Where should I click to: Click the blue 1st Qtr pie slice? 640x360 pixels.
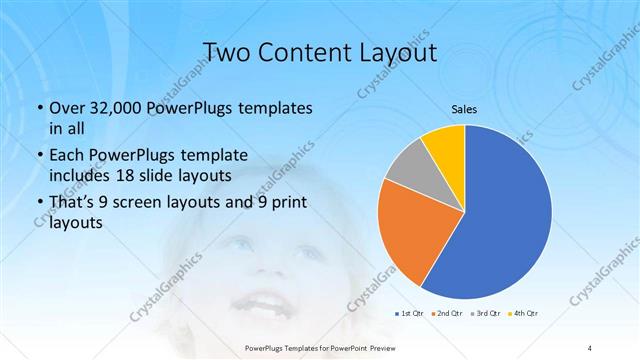coord(500,220)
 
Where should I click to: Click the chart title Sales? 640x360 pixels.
coord(464,109)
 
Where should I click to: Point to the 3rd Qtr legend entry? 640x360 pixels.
coord(487,314)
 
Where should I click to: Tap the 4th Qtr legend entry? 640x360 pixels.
coord(525,314)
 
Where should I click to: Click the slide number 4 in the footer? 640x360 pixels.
coord(591,347)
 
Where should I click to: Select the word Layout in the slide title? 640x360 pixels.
coord(398,53)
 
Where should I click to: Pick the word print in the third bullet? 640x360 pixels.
coord(290,202)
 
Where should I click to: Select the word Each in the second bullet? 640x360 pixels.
coord(67,155)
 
